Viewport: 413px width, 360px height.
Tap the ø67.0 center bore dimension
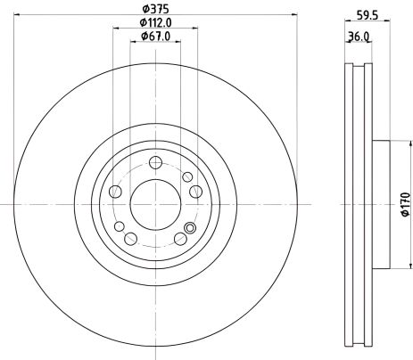[x=156, y=36]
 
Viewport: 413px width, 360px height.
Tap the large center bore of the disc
[x=155, y=202]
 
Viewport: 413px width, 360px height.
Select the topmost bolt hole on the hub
[x=155, y=162]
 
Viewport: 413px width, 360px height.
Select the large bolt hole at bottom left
[x=131, y=238]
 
